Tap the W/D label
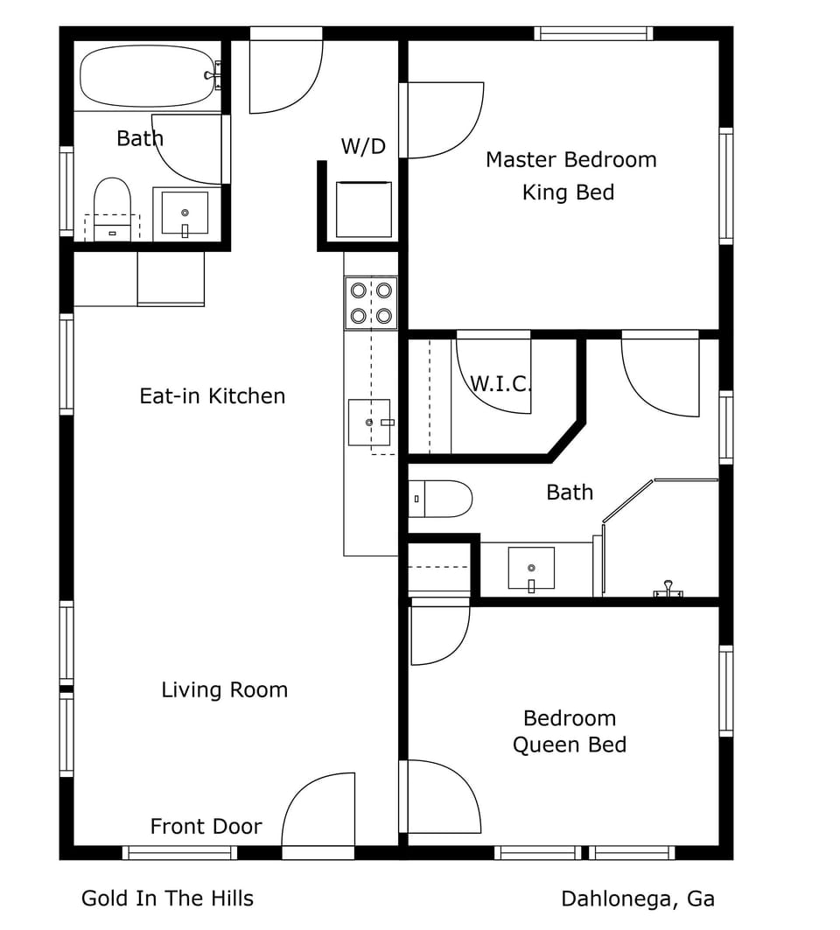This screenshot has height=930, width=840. point(363,146)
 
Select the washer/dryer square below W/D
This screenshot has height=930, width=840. point(363,210)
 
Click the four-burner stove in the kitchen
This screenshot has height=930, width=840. point(371,303)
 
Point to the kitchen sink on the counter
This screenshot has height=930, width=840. point(369,423)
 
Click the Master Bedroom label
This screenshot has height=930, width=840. point(570,159)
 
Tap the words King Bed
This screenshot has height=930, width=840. point(568,192)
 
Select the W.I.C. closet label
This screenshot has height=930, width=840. point(500,383)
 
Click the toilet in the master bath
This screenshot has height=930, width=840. point(441,499)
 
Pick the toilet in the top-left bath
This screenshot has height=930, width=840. point(112,207)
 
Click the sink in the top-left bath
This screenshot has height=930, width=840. point(185,213)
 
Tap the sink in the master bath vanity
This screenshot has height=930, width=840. point(531,569)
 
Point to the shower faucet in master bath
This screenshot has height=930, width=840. point(668,590)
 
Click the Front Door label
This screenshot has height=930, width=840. point(206,826)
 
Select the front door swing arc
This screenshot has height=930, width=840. point(317,809)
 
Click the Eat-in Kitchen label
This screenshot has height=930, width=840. point(213,395)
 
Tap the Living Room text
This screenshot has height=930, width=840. point(224,689)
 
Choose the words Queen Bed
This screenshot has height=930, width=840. point(569,745)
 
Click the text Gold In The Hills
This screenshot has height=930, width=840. point(167,898)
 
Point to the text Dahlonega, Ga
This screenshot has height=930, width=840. point(637,899)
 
